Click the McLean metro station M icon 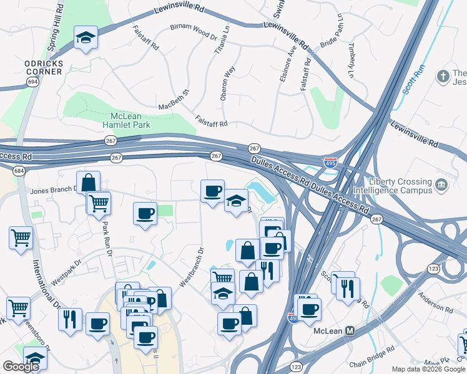coord(350,331)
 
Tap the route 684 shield coord(19,170)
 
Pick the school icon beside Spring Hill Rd coord(86,39)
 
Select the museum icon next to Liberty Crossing coord(441,185)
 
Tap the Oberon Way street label coord(227,84)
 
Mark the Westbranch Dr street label coord(192,267)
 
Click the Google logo coord(21,367)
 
